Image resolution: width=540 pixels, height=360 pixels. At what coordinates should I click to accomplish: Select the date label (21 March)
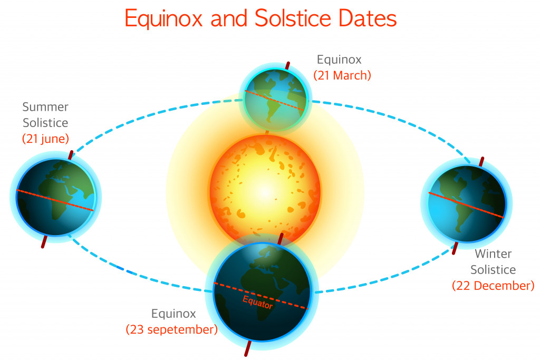(342, 75)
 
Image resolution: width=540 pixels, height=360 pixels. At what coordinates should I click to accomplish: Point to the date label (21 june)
(46, 139)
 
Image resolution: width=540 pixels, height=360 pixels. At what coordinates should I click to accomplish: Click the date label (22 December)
(493, 286)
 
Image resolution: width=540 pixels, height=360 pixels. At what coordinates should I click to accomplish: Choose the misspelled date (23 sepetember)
(171, 330)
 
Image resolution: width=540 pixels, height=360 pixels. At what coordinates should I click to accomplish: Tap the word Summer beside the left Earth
(45, 107)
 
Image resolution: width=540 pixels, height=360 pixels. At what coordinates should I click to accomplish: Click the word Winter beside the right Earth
(493, 254)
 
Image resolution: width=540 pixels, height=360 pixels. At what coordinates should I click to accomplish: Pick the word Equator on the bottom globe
(258, 302)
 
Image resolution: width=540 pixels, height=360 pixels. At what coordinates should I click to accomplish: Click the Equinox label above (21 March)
(339, 59)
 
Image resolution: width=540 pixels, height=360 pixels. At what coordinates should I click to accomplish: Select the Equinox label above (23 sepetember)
(173, 314)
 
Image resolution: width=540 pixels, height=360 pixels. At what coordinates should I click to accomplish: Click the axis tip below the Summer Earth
(43, 242)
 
